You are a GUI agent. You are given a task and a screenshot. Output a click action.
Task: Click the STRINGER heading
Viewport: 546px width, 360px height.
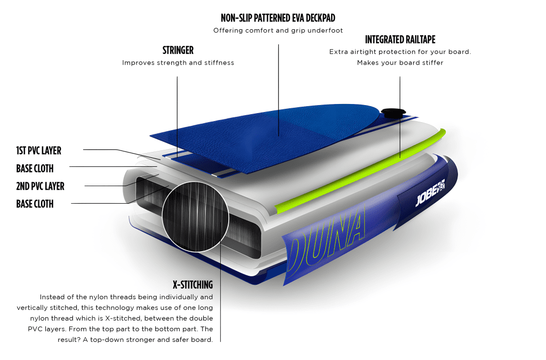coord(178,50)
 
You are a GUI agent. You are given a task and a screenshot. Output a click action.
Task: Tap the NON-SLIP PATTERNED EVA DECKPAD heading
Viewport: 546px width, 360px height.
coord(278,18)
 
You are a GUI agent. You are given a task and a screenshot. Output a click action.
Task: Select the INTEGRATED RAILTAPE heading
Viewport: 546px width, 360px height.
coord(400,39)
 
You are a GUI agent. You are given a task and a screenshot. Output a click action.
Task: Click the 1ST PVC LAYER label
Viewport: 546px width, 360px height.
coord(38,150)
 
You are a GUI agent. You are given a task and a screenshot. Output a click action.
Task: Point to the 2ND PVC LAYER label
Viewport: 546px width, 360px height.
coord(41,186)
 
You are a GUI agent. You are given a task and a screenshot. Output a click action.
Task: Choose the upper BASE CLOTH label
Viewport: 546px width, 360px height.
coord(35,169)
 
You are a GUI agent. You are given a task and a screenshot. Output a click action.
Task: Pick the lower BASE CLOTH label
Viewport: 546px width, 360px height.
coord(35,204)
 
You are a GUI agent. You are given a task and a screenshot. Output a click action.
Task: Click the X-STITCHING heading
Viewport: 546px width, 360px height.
coord(192,285)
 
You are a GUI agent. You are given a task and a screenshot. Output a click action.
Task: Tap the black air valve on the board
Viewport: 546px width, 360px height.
coord(393,113)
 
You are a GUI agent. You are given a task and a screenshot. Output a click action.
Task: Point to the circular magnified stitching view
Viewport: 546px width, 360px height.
coord(195,216)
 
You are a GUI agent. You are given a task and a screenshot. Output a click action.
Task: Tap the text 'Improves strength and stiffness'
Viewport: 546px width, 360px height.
coord(178,63)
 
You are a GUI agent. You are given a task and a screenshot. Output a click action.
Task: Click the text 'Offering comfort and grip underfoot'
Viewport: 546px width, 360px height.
coord(278,30)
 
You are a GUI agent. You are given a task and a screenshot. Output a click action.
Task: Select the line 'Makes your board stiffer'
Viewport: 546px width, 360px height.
coord(400,63)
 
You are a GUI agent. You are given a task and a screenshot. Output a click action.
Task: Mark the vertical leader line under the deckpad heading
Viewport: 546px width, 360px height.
coord(278,90)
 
